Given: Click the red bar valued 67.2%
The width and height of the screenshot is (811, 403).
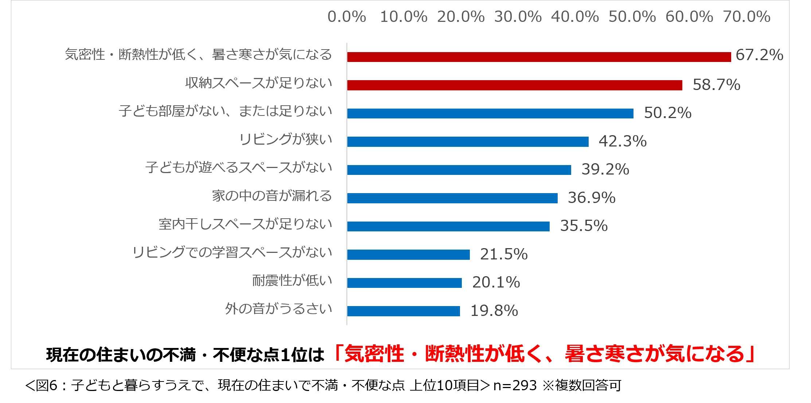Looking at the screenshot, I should coord(539,57).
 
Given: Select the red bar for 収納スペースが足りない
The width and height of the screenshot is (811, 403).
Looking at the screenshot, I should coord(514,85).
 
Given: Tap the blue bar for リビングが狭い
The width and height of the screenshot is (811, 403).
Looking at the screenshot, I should coord(468,142).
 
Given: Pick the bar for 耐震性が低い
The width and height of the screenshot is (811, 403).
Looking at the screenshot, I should coord(404,283).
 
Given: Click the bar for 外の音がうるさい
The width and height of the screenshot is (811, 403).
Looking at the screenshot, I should coord(403,311).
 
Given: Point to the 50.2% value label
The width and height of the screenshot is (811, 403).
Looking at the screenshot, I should coord(667,113).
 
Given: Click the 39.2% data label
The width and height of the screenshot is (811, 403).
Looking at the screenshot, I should coord(605,169).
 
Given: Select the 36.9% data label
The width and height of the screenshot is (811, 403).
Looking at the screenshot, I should coord(592,198).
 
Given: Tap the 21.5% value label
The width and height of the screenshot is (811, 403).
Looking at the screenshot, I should coord(504,254).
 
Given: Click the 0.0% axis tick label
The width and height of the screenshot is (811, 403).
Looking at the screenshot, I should coord(347,17).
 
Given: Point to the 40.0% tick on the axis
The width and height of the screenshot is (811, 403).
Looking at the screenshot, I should coord(575,17).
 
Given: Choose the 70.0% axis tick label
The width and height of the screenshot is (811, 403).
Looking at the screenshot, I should coord(746,17).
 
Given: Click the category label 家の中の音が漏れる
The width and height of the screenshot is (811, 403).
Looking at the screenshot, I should coord(272,196).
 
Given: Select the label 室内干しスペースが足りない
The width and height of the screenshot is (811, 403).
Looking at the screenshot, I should coord(245,224).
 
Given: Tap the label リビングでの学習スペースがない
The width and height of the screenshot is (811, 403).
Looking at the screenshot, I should coord(232,252).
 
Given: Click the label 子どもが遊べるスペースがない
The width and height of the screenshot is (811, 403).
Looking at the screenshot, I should coord(239,168).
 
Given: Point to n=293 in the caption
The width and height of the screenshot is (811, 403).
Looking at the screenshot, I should coord(515,386).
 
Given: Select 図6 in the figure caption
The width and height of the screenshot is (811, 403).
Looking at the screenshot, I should coord(47,386).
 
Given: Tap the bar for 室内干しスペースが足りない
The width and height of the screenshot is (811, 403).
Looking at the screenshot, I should coord(448,226).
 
